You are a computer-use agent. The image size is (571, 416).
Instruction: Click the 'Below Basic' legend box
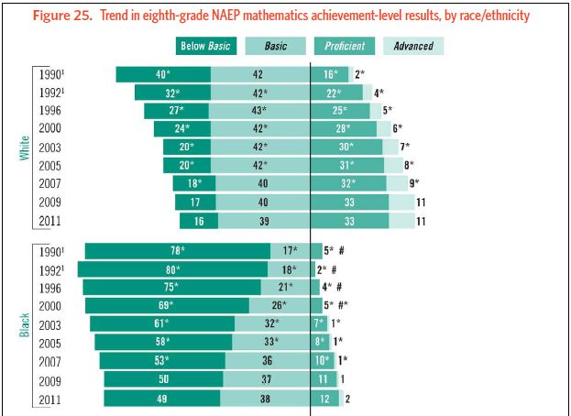[204, 46]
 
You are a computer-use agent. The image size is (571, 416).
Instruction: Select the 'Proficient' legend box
[344, 46]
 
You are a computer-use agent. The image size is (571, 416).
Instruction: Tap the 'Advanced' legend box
[413, 46]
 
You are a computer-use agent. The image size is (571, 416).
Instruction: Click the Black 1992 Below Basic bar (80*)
[172, 270]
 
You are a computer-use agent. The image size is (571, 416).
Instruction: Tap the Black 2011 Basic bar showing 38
[266, 399]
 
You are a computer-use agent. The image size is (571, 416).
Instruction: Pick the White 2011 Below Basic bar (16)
[199, 221]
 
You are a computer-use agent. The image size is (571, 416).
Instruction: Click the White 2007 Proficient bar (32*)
[348, 184]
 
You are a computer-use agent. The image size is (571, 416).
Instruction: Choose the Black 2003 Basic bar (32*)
[271, 324]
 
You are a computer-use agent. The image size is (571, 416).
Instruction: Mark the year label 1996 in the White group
[51, 111]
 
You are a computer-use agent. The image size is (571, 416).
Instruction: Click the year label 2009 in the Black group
[51, 379]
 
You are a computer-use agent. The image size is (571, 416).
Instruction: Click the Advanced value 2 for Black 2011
[347, 399]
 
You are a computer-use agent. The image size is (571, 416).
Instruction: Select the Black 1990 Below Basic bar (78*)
[178, 251]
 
